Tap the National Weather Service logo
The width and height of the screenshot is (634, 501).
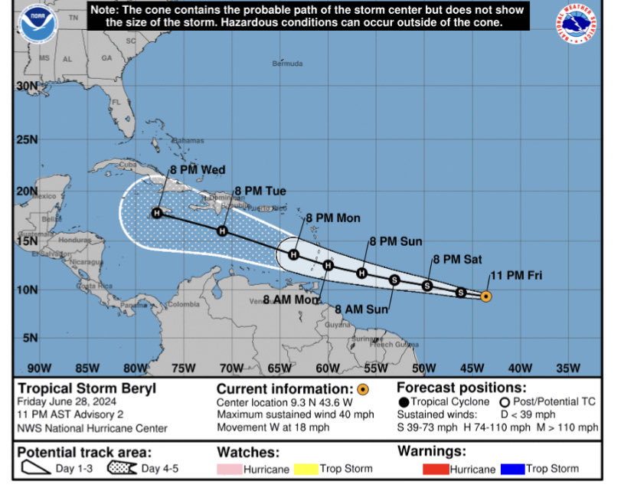[x=578, y=25]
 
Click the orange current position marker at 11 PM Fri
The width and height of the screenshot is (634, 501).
[x=485, y=296]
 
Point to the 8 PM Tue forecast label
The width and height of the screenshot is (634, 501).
[x=260, y=191]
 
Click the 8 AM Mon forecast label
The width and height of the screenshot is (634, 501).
[x=292, y=300]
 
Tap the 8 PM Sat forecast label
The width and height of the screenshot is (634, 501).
[x=458, y=259]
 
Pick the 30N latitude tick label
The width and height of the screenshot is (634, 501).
[x=26, y=87]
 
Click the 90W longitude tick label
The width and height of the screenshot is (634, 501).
[x=39, y=368]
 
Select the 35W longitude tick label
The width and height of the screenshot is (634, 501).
[x=567, y=368]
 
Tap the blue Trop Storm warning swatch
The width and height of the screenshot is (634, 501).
[x=510, y=469]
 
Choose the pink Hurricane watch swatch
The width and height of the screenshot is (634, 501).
[x=229, y=469]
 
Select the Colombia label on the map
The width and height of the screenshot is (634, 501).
[x=185, y=304]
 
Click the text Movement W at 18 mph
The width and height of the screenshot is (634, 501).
[x=273, y=427]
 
